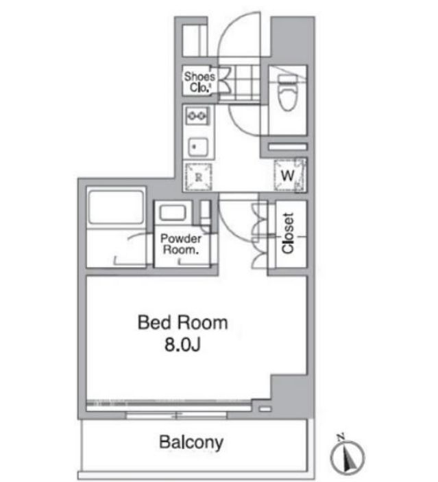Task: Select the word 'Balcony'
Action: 191,442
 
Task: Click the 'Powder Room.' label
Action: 180,244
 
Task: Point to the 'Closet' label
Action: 288,233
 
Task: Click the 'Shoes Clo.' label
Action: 199,82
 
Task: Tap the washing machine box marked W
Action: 289,174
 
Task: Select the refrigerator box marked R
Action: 198,176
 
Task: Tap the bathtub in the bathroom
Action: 116,207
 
